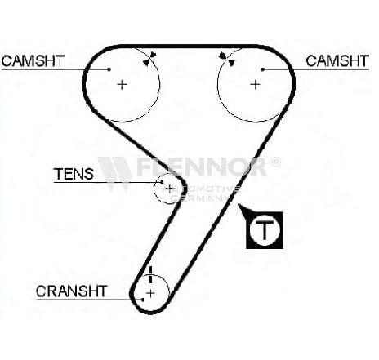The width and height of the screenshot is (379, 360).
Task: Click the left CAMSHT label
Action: (x=33, y=60)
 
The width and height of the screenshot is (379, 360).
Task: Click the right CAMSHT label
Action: (x=337, y=60)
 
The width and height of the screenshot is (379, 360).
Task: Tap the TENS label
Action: (x=74, y=174)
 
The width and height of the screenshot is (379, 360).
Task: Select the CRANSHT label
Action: (x=72, y=291)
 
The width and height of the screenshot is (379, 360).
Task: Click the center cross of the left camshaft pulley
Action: (x=122, y=85)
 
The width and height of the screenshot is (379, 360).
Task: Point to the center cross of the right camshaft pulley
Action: (x=255, y=85)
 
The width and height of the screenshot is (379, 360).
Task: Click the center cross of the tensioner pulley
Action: (x=169, y=189)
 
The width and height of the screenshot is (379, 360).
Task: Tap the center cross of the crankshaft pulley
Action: (x=150, y=293)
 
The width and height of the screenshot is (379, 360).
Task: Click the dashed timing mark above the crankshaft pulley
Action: (x=150, y=274)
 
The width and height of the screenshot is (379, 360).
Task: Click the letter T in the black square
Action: (x=265, y=230)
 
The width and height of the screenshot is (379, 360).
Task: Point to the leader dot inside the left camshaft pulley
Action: (x=109, y=69)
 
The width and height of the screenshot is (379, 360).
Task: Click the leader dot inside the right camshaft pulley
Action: (x=263, y=69)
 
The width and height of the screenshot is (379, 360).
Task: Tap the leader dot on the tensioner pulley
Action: (x=162, y=182)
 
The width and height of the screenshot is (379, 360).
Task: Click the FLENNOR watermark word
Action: (x=201, y=167)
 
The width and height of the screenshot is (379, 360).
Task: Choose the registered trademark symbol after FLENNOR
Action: (x=275, y=162)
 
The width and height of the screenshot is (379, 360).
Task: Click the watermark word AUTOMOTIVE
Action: (x=201, y=189)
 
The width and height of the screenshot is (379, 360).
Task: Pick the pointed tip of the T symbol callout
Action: (x=239, y=205)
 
